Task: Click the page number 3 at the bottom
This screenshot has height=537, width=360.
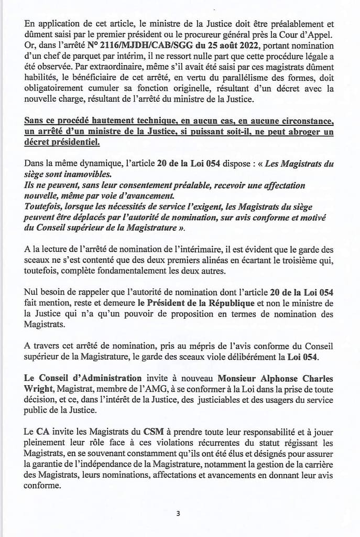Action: (x=178, y=513)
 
